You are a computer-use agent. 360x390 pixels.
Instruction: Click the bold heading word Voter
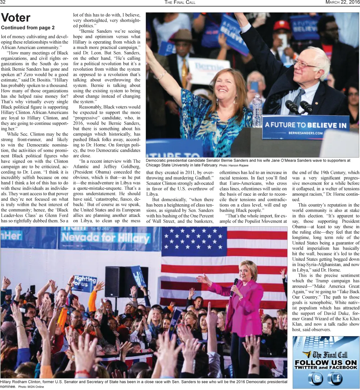click(x=16, y=18)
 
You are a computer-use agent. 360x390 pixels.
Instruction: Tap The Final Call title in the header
click(x=180, y=2)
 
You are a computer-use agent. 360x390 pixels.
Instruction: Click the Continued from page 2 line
click(x=28, y=27)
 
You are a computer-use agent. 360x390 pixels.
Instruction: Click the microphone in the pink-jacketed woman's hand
click(x=234, y=287)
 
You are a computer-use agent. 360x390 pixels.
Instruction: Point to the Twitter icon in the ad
click(x=315, y=379)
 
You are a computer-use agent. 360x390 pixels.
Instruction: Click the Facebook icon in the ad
click(x=335, y=379)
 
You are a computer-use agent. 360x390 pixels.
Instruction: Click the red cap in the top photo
click(x=282, y=26)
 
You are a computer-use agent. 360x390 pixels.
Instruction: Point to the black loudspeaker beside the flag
click(x=115, y=281)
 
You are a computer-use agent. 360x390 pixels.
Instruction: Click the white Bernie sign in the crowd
click(x=208, y=70)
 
